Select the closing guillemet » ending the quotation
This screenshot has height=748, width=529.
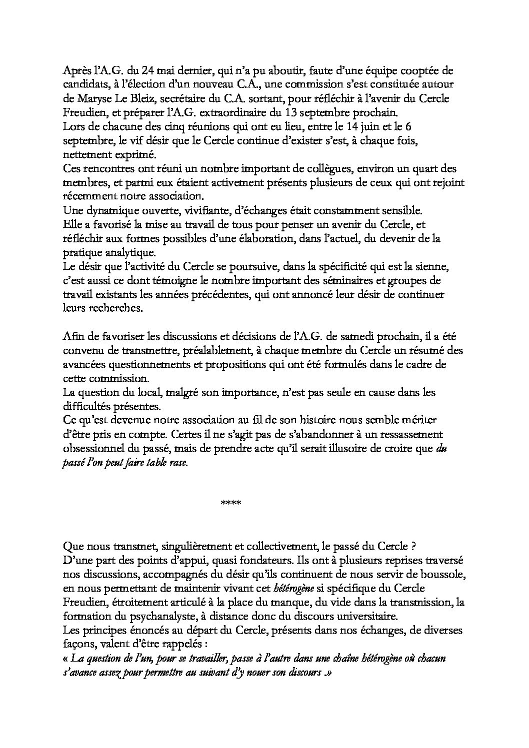click(x=328, y=673)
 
